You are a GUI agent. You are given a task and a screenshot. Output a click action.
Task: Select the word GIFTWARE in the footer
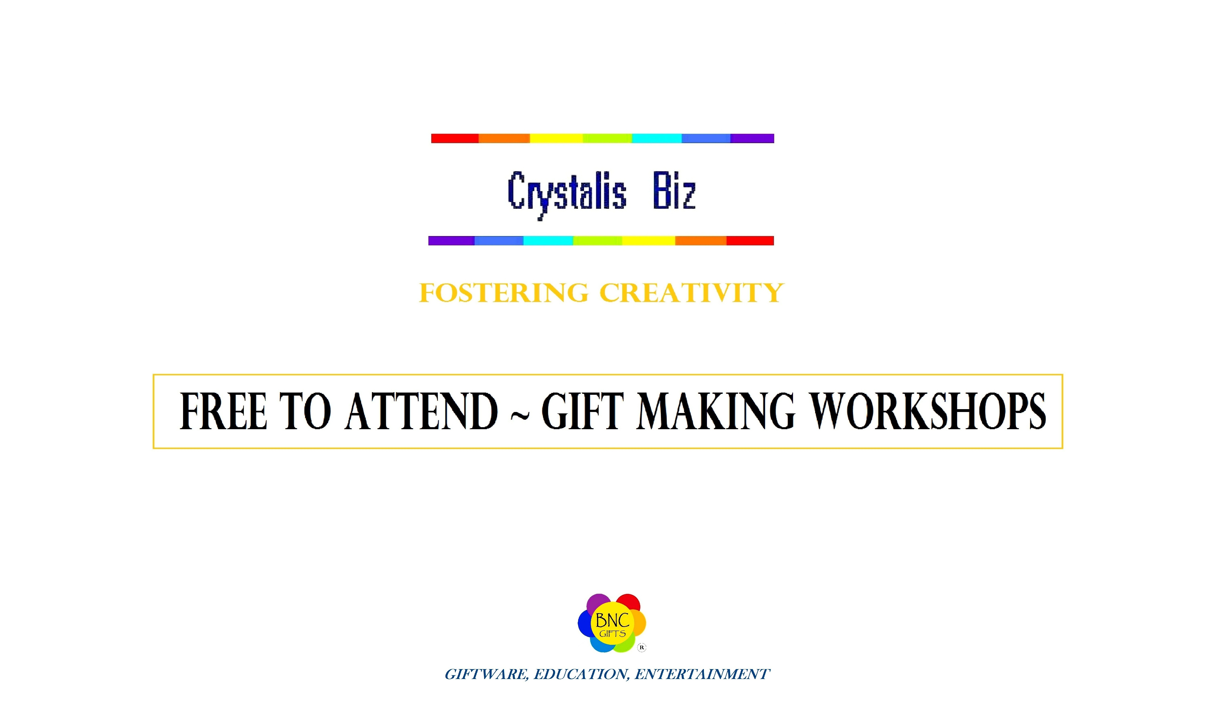point(487,674)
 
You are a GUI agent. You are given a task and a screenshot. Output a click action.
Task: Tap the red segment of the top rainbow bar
point(455,138)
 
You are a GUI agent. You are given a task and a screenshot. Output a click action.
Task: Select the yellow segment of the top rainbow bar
point(556,138)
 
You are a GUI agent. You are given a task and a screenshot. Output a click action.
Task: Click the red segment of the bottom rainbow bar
point(750,241)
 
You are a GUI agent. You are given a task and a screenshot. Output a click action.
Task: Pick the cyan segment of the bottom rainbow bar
point(548,241)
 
